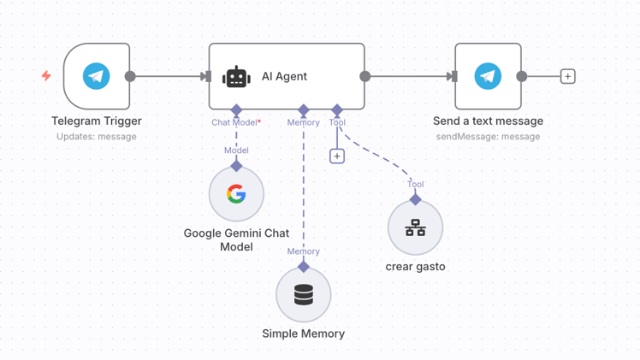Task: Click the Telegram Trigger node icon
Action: tap(97, 76)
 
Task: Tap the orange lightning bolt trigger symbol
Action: tap(46, 76)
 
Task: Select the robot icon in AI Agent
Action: tap(236, 77)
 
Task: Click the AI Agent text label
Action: tap(284, 77)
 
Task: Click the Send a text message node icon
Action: tap(488, 76)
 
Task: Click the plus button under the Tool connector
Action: tap(337, 156)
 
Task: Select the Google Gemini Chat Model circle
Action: tap(236, 194)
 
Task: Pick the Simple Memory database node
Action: tap(304, 295)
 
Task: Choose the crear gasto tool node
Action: tap(415, 227)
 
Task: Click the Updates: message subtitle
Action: tap(97, 136)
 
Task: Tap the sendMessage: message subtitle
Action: tap(488, 136)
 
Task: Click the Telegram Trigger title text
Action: tap(97, 121)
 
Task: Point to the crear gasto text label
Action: tap(415, 267)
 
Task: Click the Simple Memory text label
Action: tap(304, 333)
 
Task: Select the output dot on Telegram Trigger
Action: tap(130, 76)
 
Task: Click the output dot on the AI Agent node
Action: tap(365, 76)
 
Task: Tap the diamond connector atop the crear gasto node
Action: tap(415, 199)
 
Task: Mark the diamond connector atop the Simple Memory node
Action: tap(304, 267)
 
